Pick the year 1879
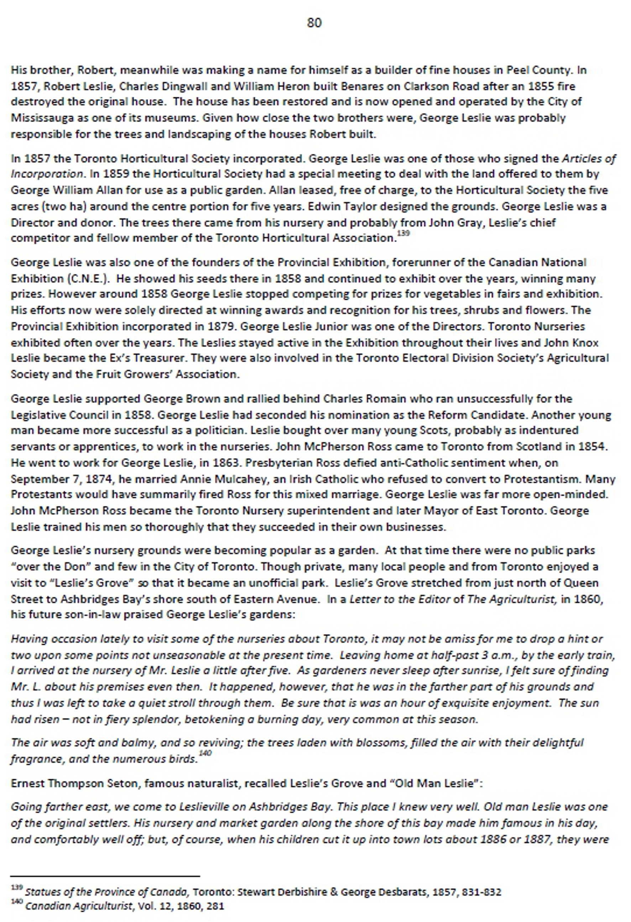tap(221, 326)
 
